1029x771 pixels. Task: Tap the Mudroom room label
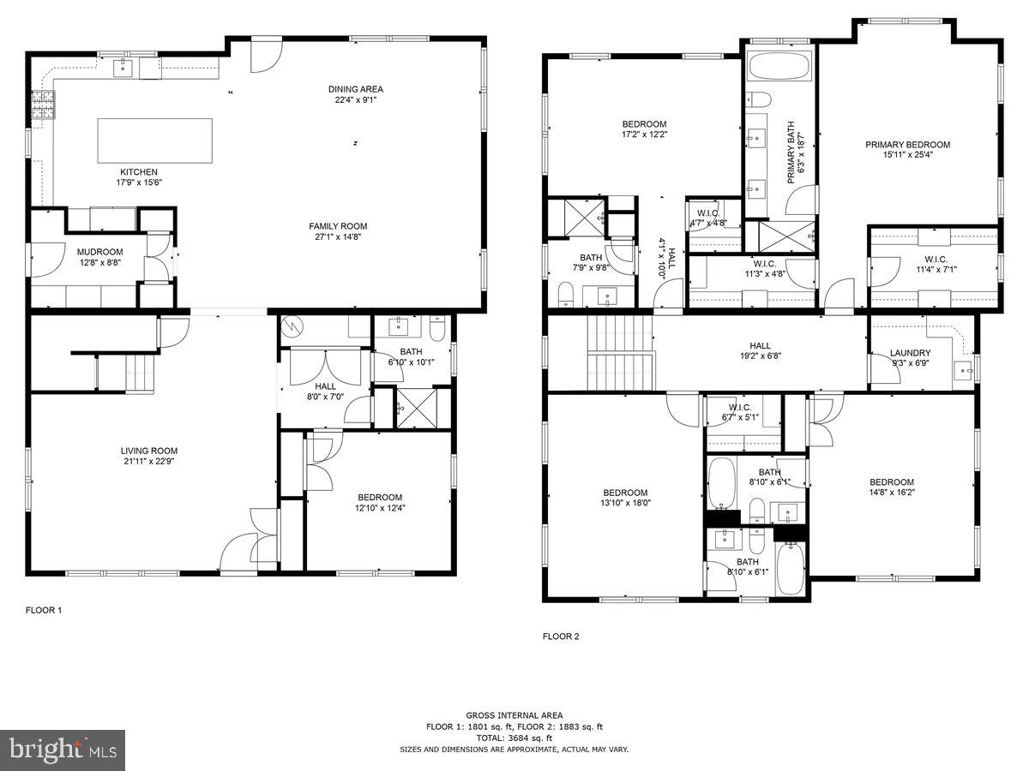click(x=100, y=252)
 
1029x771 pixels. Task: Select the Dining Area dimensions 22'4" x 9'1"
click(x=356, y=99)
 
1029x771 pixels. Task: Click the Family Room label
click(x=338, y=226)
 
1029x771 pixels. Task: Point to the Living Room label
click(x=149, y=451)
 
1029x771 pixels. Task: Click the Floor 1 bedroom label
click(x=380, y=498)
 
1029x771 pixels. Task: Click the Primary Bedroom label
click(x=907, y=145)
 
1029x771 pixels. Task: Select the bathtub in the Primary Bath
click(x=779, y=68)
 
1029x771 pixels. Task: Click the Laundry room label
click(x=910, y=353)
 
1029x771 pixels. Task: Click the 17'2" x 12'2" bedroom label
click(x=644, y=124)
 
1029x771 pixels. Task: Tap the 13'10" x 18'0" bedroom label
click(x=625, y=493)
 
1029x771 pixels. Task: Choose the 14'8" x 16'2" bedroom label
click(x=892, y=482)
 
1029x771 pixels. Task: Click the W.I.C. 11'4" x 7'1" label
click(x=935, y=260)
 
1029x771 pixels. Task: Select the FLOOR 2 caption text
click(x=561, y=637)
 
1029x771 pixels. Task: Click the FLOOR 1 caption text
click(x=44, y=611)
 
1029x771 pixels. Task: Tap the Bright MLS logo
click(x=63, y=750)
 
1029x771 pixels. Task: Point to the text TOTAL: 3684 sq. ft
click(x=514, y=738)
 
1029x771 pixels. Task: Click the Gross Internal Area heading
click(x=514, y=715)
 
